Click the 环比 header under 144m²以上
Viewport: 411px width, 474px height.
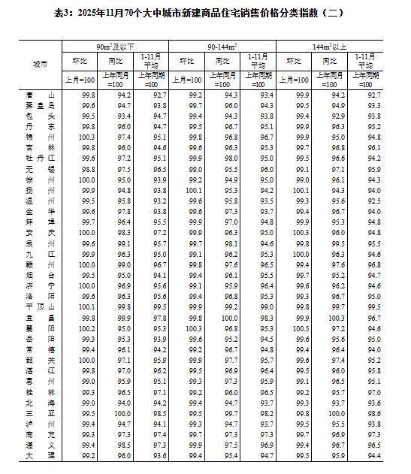point(302,62)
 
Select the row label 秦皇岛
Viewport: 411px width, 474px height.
point(39,107)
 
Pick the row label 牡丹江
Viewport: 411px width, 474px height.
point(39,159)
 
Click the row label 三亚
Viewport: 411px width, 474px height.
point(39,413)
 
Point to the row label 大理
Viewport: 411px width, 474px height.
point(39,455)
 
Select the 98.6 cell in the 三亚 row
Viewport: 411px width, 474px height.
point(371,413)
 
